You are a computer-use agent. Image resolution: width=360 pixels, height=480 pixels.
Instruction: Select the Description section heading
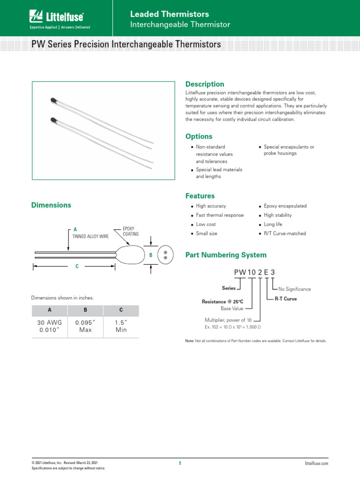click(205, 84)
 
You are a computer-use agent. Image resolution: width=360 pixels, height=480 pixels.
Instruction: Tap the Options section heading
click(199, 136)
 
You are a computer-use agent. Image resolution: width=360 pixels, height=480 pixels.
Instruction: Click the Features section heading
click(200, 196)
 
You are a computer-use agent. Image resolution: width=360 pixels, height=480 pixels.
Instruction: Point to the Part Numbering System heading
click(226, 255)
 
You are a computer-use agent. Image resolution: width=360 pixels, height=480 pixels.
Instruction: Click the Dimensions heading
click(51, 205)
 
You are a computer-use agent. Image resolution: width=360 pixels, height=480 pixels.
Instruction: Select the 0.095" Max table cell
click(85, 326)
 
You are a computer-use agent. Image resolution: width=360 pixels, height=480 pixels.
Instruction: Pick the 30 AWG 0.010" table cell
click(50, 326)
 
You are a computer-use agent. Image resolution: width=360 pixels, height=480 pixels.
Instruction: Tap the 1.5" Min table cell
click(121, 326)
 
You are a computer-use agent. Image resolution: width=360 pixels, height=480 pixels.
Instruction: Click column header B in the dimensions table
click(85, 310)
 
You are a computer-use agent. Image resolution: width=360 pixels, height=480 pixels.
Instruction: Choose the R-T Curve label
click(285, 299)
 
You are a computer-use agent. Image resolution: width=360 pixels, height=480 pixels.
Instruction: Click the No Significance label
click(294, 289)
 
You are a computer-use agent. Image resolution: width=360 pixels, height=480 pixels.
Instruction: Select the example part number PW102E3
click(255, 272)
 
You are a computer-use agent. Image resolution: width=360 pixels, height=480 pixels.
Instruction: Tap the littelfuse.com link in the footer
click(316, 463)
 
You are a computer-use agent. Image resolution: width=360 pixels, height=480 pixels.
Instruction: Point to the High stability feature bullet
click(278, 215)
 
